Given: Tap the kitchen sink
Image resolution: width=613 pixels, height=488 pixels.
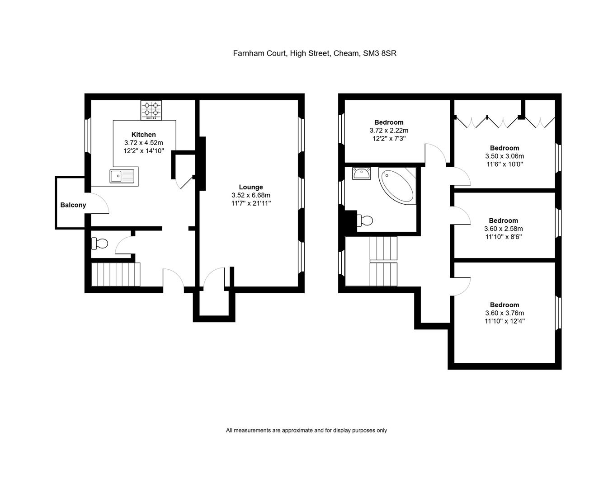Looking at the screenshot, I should [122, 176].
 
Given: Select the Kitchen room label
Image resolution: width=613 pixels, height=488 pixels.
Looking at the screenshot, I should [143, 134].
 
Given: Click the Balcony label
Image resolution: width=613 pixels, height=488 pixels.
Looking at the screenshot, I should [73, 205].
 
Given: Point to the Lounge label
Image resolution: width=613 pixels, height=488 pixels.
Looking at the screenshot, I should [250, 187].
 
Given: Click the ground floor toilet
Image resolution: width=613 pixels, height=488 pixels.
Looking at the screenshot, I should [100, 244].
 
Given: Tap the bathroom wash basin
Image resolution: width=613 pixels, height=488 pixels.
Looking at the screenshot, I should [362, 173].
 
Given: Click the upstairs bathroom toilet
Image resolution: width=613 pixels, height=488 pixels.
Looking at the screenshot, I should [365, 221].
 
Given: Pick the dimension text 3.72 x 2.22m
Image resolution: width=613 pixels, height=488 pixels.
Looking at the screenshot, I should [388, 130].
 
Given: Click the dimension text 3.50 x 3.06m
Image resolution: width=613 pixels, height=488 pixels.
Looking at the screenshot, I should [504, 156].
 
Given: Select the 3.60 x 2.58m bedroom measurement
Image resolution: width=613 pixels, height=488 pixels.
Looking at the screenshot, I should [503, 229].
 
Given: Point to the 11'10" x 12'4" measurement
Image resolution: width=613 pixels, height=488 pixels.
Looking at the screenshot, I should [504, 321].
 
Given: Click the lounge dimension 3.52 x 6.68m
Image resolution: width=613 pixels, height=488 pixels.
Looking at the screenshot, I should [250, 195].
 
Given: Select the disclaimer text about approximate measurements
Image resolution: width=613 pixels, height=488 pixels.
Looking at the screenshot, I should [306, 431].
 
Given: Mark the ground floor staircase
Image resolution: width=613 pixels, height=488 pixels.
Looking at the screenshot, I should [116, 274].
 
